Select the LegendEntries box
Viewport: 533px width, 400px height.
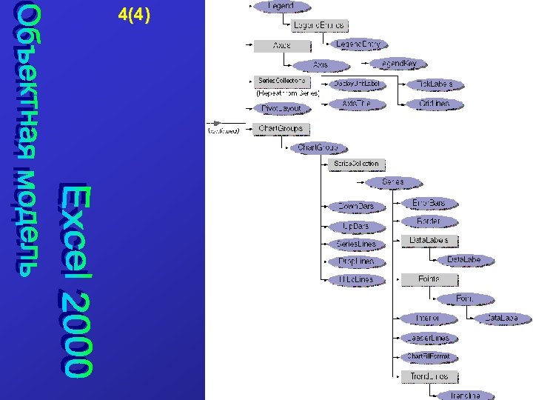[x=319, y=25]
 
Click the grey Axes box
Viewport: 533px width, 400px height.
[x=281, y=45]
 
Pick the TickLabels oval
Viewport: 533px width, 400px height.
[x=435, y=84]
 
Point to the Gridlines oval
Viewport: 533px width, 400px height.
[x=435, y=104]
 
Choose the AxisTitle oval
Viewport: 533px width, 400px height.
[x=356, y=104]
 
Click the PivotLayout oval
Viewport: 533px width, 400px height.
[x=281, y=108]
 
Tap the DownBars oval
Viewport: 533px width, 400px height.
[x=356, y=206]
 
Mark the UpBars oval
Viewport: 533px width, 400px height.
[x=356, y=226]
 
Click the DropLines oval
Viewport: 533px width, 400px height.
[x=356, y=261]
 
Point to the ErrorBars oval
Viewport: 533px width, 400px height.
[x=429, y=202]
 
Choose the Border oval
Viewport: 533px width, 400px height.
[x=429, y=221]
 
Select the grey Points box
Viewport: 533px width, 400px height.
[x=429, y=279]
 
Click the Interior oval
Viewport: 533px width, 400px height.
[x=428, y=318]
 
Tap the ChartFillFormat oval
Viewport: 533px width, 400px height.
[x=428, y=356]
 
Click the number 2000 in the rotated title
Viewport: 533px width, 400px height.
[x=76, y=332]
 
